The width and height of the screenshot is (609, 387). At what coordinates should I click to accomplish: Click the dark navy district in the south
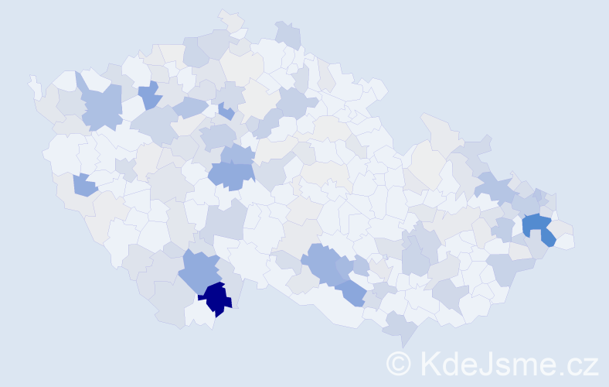tap(216, 298)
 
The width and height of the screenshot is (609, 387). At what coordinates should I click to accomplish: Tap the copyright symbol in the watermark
tap(399, 363)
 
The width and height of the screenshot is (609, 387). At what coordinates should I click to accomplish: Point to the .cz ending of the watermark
tap(581, 363)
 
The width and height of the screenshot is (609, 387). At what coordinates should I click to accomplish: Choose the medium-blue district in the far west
tap(84, 185)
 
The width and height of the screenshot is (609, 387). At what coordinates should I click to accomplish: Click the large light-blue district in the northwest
tap(100, 107)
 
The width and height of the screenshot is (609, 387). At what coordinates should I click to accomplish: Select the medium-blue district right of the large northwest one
tap(150, 96)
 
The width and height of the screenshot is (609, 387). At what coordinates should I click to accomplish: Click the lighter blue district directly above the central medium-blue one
tap(237, 153)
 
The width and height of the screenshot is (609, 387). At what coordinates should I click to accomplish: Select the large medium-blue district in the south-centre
tap(323, 262)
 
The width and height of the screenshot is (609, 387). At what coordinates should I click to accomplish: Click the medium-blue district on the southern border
tap(351, 293)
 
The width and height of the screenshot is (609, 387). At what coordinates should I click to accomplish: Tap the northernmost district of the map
tap(230, 19)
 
